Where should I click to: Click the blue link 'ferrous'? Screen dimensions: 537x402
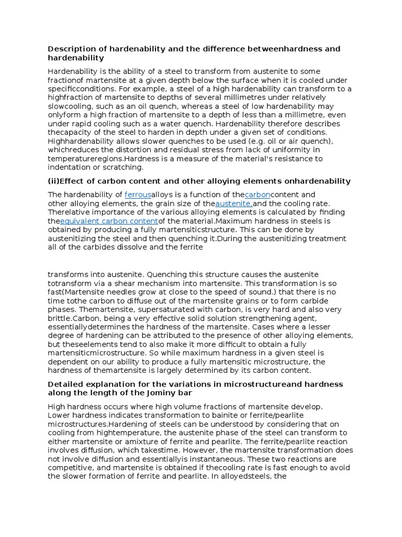pos(138,195)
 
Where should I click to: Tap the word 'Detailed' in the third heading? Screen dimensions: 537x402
pos(65,384)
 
